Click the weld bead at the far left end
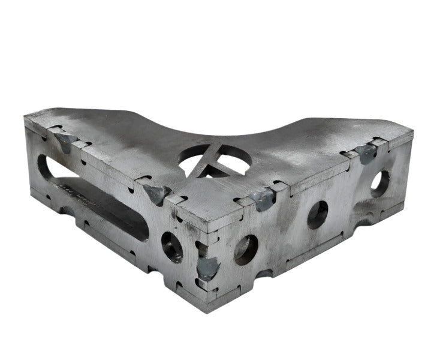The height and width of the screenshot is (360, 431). click(x=64, y=140)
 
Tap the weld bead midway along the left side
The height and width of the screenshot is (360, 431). click(x=156, y=193)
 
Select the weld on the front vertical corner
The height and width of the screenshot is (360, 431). click(x=207, y=266)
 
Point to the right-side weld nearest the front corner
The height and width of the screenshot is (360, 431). click(x=262, y=200)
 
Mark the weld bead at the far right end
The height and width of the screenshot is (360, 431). click(x=366, y=153)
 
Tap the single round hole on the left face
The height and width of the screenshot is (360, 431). click(x=172, y=247)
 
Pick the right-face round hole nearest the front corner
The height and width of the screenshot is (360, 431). click(x=246, y=250)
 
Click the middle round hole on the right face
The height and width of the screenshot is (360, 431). click(x=317, y=214)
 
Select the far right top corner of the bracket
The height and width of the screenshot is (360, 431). click(x=412, y=128)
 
